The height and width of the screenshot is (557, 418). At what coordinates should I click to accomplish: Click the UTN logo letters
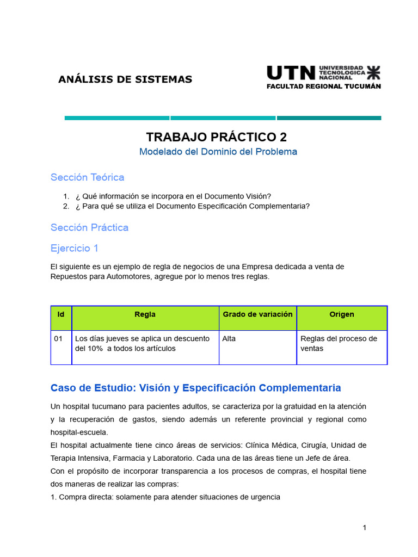click(291, 73)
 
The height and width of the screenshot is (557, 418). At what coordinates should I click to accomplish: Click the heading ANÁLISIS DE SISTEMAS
click(125, 79)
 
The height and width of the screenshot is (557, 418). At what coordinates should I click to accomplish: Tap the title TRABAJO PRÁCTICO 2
click(217, 137)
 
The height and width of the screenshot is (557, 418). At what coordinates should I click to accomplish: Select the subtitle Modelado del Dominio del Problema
click(218, 152)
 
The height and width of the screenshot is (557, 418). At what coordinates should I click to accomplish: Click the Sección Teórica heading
click(87, 177)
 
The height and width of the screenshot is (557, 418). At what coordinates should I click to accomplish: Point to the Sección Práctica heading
click(89, 227)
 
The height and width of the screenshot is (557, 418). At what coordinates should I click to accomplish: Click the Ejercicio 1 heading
click(75, 248)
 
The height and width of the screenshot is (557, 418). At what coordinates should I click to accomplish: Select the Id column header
click(61, 314)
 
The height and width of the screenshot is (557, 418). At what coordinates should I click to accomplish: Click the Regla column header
click(145, 314)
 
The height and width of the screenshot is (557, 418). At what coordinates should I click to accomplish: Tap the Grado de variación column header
click(257, 314)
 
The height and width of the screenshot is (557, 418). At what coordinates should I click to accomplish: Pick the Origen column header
click(342, 314)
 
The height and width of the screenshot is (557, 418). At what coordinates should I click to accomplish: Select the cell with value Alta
click(229, 339)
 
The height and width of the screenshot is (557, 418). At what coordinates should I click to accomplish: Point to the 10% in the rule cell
click(96, 349)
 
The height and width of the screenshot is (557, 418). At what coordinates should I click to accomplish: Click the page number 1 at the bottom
click(365, 528)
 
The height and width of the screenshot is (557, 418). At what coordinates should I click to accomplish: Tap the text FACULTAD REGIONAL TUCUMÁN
click(323, 86)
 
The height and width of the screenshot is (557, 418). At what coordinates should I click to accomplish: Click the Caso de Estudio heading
click(195, 388)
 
